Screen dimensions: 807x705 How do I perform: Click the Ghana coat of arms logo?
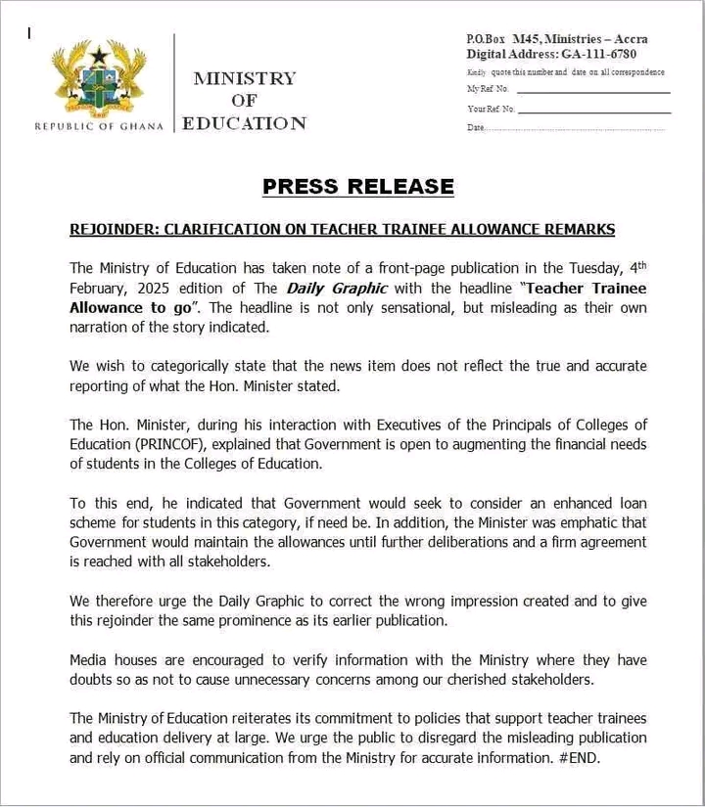98,80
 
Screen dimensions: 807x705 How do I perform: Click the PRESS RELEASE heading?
357,186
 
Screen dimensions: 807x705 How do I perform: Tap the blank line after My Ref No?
592,91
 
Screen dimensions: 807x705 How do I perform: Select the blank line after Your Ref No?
594,111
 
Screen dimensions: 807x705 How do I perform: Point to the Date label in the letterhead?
476,127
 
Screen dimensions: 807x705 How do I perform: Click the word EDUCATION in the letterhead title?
245,123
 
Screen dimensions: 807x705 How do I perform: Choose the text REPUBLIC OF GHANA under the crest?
98,126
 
